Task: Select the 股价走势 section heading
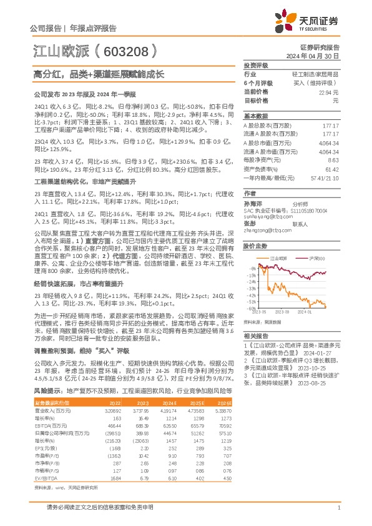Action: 255,246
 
